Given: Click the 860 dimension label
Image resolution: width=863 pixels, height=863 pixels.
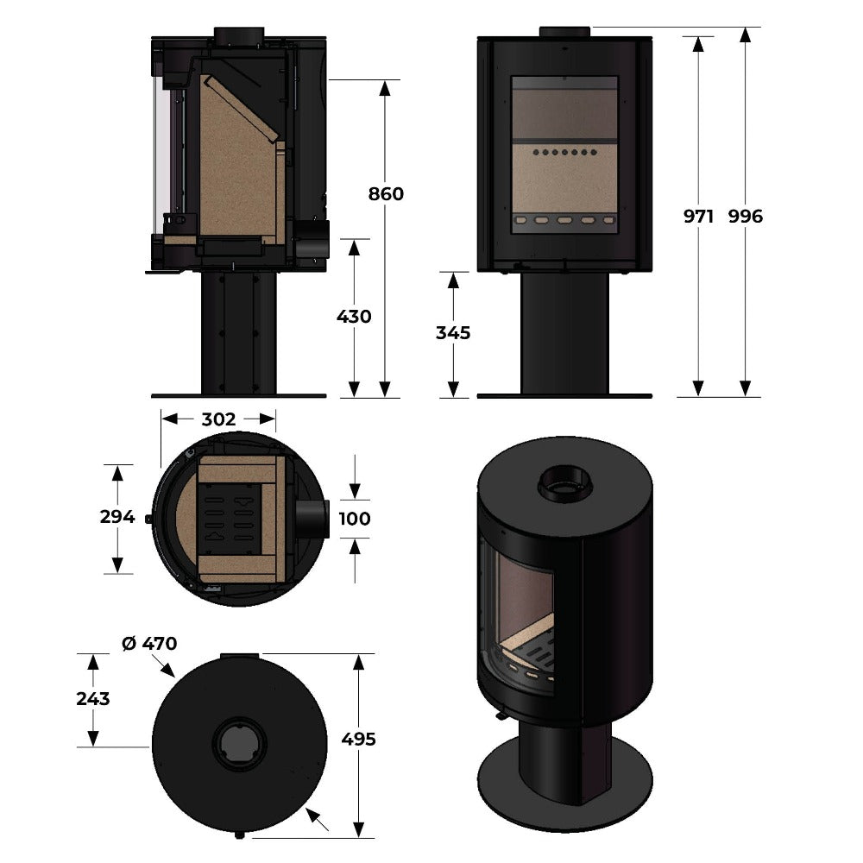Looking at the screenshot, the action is click(386, 193).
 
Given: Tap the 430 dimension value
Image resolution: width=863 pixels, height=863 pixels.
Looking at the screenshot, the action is click(354, 317).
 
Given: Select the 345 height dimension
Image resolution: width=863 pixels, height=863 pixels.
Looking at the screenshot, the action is click(453, 333).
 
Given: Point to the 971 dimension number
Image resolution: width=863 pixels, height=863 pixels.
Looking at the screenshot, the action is click(698, 217).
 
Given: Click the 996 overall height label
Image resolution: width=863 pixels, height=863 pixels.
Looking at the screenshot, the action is click(746, 217).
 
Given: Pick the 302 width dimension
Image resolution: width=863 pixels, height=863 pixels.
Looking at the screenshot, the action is click(218, 419).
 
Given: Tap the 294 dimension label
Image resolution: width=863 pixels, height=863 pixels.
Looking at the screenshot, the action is click(117, 517).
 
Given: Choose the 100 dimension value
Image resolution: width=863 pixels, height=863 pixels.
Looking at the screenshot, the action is click(355, 519).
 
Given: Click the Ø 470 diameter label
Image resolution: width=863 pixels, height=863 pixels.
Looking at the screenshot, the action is click(149, 644).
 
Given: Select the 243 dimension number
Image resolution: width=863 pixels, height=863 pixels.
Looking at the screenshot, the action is click(93, 699).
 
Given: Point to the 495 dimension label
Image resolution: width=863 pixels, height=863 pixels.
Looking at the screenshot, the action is click(358, 740).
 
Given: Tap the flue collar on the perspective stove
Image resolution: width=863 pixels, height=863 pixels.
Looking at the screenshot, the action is click(564, 484).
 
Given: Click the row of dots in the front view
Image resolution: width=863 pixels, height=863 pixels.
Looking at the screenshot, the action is click(564, 153).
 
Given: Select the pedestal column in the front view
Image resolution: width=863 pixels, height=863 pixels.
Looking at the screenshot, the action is click(564, 333).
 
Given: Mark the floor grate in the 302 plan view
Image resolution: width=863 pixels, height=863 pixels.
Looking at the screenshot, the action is click(230, 520).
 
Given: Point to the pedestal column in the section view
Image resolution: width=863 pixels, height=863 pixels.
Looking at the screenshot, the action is click(238, 333).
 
